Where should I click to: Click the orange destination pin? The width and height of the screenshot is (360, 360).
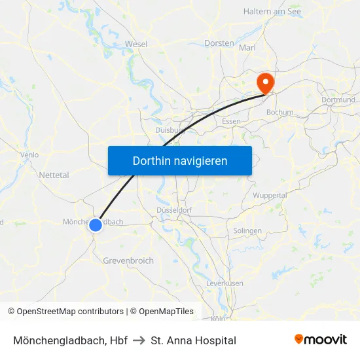(x=266, y=82)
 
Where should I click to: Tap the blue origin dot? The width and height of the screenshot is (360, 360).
(x=96, y=225)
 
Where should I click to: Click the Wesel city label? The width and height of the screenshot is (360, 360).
(x=136, y=45)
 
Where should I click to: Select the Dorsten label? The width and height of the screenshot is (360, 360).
(x=219, y=43)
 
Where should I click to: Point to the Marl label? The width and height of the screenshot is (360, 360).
(x=247, y=48)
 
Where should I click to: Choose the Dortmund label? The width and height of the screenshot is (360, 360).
(x=338, y=100)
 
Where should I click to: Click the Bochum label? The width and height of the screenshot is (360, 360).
(x=280, y=113)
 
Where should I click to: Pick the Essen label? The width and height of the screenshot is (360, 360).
(x=231, y=122)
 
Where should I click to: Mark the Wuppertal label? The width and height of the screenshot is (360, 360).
(x=270, y=195)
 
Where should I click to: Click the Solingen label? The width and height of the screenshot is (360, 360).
(x=247, y=231)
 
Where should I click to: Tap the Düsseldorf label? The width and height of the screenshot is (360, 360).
(x=174, y=210)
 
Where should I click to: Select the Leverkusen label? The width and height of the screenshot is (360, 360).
(x=225, y=283)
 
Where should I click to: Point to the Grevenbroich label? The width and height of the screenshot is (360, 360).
(x=128, y=261)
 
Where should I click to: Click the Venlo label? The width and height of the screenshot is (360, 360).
(x=30, y=155)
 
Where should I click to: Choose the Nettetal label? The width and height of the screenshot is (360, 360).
(x=54, y=175)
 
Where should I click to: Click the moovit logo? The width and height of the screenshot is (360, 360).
(x=321, y=339)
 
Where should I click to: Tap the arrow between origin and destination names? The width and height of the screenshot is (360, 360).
(x=139, y=340)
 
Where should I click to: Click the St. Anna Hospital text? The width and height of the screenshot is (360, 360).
(x=193, y=340)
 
